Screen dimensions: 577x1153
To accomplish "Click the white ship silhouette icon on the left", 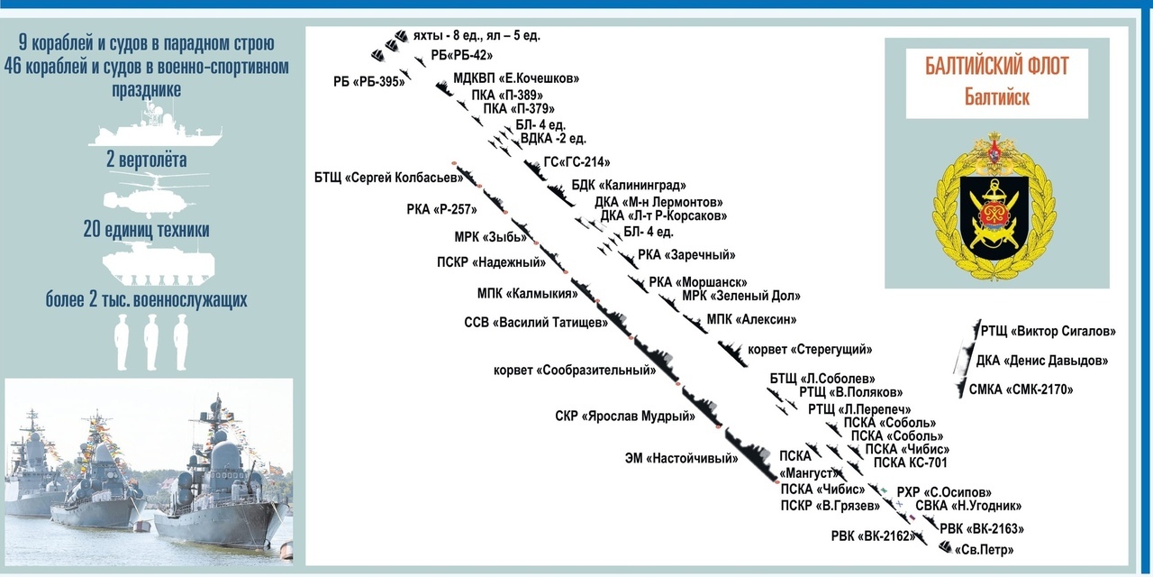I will click(x=154, y=125).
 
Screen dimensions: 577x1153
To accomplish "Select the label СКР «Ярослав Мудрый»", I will click(x=625, y=417).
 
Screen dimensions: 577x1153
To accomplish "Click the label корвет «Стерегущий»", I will click(x=810, y=349).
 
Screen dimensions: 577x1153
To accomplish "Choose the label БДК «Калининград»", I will click(x=622, y=185).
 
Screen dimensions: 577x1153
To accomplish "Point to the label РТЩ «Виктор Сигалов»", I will click(x=1048, y=331).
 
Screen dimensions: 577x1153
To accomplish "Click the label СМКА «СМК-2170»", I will click(x=1021, y=389).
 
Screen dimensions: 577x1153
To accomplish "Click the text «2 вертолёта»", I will click(x=146, y=161).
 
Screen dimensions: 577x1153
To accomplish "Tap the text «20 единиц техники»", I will click(x=146, y=231).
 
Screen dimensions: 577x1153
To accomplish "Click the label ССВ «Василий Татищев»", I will click(x=535, y=323).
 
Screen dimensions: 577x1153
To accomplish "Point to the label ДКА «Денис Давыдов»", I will click(x=1041, y=362).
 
